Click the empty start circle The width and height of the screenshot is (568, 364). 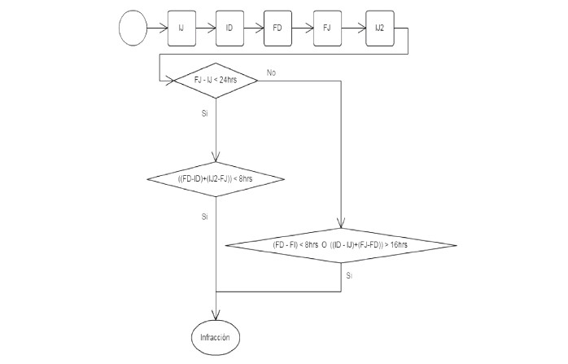133,28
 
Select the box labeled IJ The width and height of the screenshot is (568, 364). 181,28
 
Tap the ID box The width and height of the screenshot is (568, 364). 230,28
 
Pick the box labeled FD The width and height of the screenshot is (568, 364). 278,28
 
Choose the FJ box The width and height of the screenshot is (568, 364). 327,28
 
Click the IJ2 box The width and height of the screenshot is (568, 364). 380,28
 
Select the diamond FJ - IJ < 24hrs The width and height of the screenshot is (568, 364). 216,80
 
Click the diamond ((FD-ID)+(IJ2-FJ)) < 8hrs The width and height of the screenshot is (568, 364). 216,178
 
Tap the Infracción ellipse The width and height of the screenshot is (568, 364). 216,335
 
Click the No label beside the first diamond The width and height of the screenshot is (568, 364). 271,73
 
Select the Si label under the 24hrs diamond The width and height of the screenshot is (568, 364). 204,114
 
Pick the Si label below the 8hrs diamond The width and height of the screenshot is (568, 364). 204,217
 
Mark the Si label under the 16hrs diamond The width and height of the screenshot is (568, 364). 349,277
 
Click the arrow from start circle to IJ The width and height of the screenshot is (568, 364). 157,28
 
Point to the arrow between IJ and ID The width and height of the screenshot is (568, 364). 206,28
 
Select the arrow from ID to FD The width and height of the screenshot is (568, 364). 254,28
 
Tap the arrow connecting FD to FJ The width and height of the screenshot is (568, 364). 303,28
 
